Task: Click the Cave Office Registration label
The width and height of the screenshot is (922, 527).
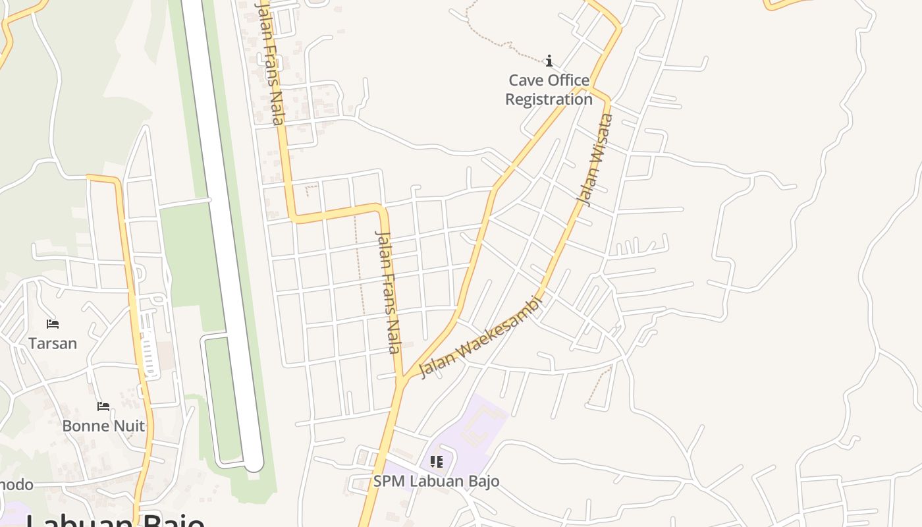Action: pyautogui.click(x=549, y=90)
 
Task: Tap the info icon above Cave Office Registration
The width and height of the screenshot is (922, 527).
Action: pyautogui.click(x=549, y=61)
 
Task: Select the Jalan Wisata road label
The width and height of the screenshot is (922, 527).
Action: pyautogui.click(x=595, y=160)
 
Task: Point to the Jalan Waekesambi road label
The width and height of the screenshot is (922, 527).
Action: pyautogui.click(x=480, y=337)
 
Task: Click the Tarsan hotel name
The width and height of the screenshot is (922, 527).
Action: pyautogui.click(x=53, y=343)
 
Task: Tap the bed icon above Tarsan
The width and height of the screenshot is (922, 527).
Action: pyautogui.click(x=53, y=324)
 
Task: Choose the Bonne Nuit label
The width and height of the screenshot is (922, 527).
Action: pyautogui.click(x=103, y=426)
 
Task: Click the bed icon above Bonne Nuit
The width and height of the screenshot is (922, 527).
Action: pyautogui.click(x=103, y=406)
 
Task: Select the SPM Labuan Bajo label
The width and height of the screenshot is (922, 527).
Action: pyautogui.click(x=436, y=481)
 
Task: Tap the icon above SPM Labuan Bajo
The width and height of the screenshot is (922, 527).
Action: pyautogui.click(x=436, y=462)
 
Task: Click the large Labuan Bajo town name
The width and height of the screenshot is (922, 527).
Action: pyautogui.click(x=115, y=520)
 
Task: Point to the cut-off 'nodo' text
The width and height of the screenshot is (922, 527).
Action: pyautogui.click(x=16, y=485)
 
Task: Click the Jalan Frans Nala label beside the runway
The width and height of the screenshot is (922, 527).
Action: pyautogui.click(x=271, y=63)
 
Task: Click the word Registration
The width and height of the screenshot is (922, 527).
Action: pyautogui.click(x=549, y=99)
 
